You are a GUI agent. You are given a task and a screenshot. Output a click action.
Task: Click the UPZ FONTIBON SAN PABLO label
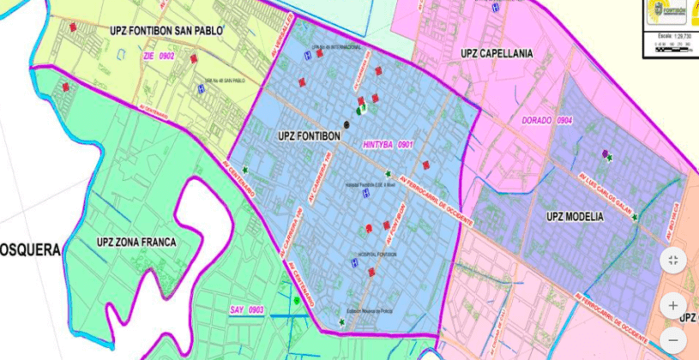click(166, 31)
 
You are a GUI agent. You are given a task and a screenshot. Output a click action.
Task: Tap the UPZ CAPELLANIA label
click(497, 53)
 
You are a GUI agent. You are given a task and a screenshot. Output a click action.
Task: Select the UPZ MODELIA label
click(574, 217)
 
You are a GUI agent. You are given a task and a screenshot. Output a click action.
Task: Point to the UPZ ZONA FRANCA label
click(136, 243)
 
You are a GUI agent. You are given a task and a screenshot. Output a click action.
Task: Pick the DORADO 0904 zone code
click(547, 121)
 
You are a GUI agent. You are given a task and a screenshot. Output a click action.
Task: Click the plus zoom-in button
click(673, 304)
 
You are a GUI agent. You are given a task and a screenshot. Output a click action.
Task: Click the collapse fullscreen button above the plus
click(673, 260)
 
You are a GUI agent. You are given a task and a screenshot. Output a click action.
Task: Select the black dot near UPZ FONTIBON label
click(346, 123)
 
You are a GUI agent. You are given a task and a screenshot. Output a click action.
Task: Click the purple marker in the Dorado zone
click(605, 153)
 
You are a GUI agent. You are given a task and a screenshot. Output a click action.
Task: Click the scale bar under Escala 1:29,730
click(671, 49)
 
